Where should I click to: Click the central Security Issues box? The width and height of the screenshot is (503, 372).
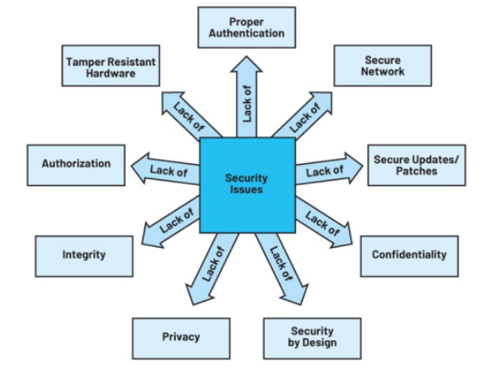[248, 185]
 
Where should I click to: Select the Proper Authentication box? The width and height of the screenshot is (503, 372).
[247, 28]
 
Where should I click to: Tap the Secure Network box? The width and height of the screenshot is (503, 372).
[383, 66]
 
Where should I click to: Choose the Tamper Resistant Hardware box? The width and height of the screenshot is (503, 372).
[111, 66]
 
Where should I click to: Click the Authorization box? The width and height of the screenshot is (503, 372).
[76, 165]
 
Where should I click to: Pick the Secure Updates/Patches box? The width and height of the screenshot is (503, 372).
[417, 165]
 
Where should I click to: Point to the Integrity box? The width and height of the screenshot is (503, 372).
[84, 256]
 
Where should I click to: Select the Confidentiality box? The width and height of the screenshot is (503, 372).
[409, 256]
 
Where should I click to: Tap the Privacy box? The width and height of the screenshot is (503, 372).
[181, 338]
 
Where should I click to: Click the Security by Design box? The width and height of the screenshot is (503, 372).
[313, 338]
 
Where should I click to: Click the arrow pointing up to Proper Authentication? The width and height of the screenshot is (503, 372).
[247, 97]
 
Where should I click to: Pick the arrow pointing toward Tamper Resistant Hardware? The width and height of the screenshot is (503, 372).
[190, 116]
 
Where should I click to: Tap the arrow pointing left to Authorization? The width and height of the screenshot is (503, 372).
[166, 169]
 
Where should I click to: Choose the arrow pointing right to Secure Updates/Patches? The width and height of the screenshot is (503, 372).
[329, 169]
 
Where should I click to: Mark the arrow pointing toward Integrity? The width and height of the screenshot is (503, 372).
[171, 222]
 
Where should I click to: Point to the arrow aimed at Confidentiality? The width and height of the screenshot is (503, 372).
[323, 222]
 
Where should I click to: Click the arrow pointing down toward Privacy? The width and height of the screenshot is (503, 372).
[210, 269]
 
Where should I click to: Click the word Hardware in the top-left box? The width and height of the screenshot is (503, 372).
[111, 74]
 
